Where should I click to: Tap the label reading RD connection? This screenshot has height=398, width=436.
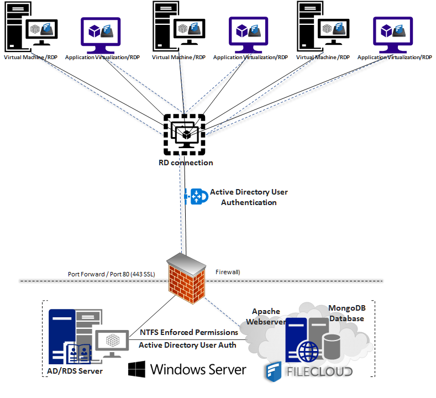point(185,163)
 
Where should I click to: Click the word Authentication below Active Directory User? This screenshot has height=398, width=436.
point(249,202)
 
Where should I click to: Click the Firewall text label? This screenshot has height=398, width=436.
point(227,271)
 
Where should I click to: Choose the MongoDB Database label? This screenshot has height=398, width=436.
point(346,313)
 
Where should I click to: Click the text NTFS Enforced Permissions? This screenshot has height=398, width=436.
point(189,332)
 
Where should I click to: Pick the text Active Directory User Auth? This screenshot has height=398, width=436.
point(188,345)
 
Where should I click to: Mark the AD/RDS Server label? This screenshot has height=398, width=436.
point(75,370)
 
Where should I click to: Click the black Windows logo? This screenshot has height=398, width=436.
point(136,369)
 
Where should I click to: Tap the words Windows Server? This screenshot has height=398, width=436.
point(198,369)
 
